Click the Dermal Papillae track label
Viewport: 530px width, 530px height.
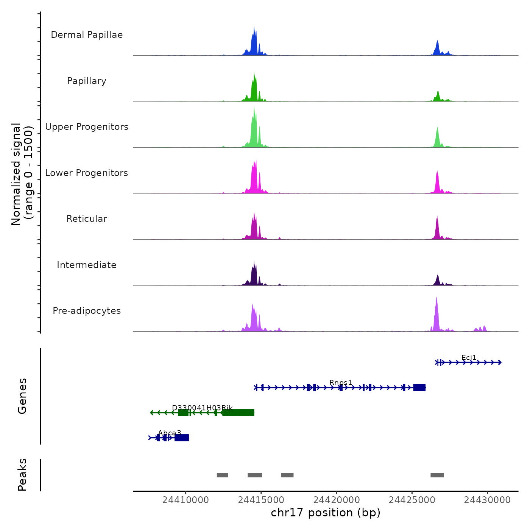[87, 35]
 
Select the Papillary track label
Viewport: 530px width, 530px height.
[87, 81]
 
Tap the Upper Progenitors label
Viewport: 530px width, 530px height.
[87, 127]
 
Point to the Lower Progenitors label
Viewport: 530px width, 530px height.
[87, 173]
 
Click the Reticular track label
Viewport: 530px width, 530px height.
[87, 219]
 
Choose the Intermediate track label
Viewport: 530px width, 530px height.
[87, 265]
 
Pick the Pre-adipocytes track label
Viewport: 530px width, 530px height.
[87, 311]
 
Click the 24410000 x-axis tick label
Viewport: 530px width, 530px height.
[185, 500]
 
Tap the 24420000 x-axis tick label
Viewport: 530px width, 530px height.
[337, 500]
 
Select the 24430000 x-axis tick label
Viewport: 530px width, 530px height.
[488, 500]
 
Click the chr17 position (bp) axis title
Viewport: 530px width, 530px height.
[326, 513]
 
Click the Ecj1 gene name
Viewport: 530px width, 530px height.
[469, 358]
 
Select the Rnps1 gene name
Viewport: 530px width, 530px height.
[341, 383]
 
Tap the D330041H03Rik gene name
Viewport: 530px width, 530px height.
[202, 408]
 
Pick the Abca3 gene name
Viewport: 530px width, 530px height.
[170, 433]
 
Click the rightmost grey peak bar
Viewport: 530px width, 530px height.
[437, 475]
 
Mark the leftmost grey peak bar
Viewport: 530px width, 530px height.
[222, 475]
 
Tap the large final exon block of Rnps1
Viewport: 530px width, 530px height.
[419, 387]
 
